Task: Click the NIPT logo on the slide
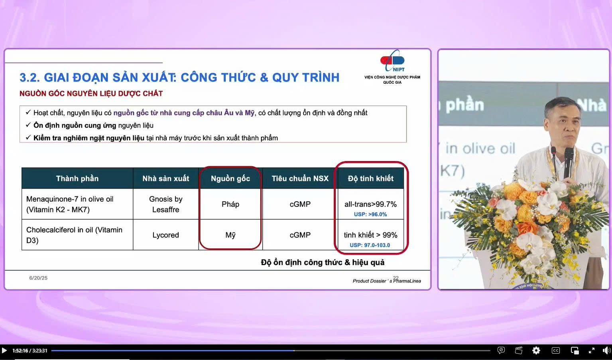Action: pos(392,61)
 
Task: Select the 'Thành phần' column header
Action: pos(77,179)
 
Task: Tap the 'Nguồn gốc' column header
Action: pos(230,179)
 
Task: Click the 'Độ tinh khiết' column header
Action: pos(370,179)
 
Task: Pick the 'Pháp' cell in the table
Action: pos(230,204)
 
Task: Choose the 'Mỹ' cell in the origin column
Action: pos(230,235)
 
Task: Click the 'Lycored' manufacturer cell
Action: pos(165,235)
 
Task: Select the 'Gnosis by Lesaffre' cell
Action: pos(165,204)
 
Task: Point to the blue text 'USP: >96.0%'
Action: pos(370,214)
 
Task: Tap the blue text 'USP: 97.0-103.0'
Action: pos(370,245)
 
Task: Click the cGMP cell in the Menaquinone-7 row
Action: pos(300,204)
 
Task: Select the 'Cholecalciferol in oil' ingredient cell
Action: pos(74,235)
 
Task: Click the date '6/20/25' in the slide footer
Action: pos(38,278)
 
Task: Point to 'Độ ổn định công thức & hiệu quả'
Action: pos(323,262)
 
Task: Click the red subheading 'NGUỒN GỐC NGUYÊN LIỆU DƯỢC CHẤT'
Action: pos(91,94)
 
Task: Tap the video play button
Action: pos(4,351)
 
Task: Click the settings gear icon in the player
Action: pos(536,351)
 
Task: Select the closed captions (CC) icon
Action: pos(555,351)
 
